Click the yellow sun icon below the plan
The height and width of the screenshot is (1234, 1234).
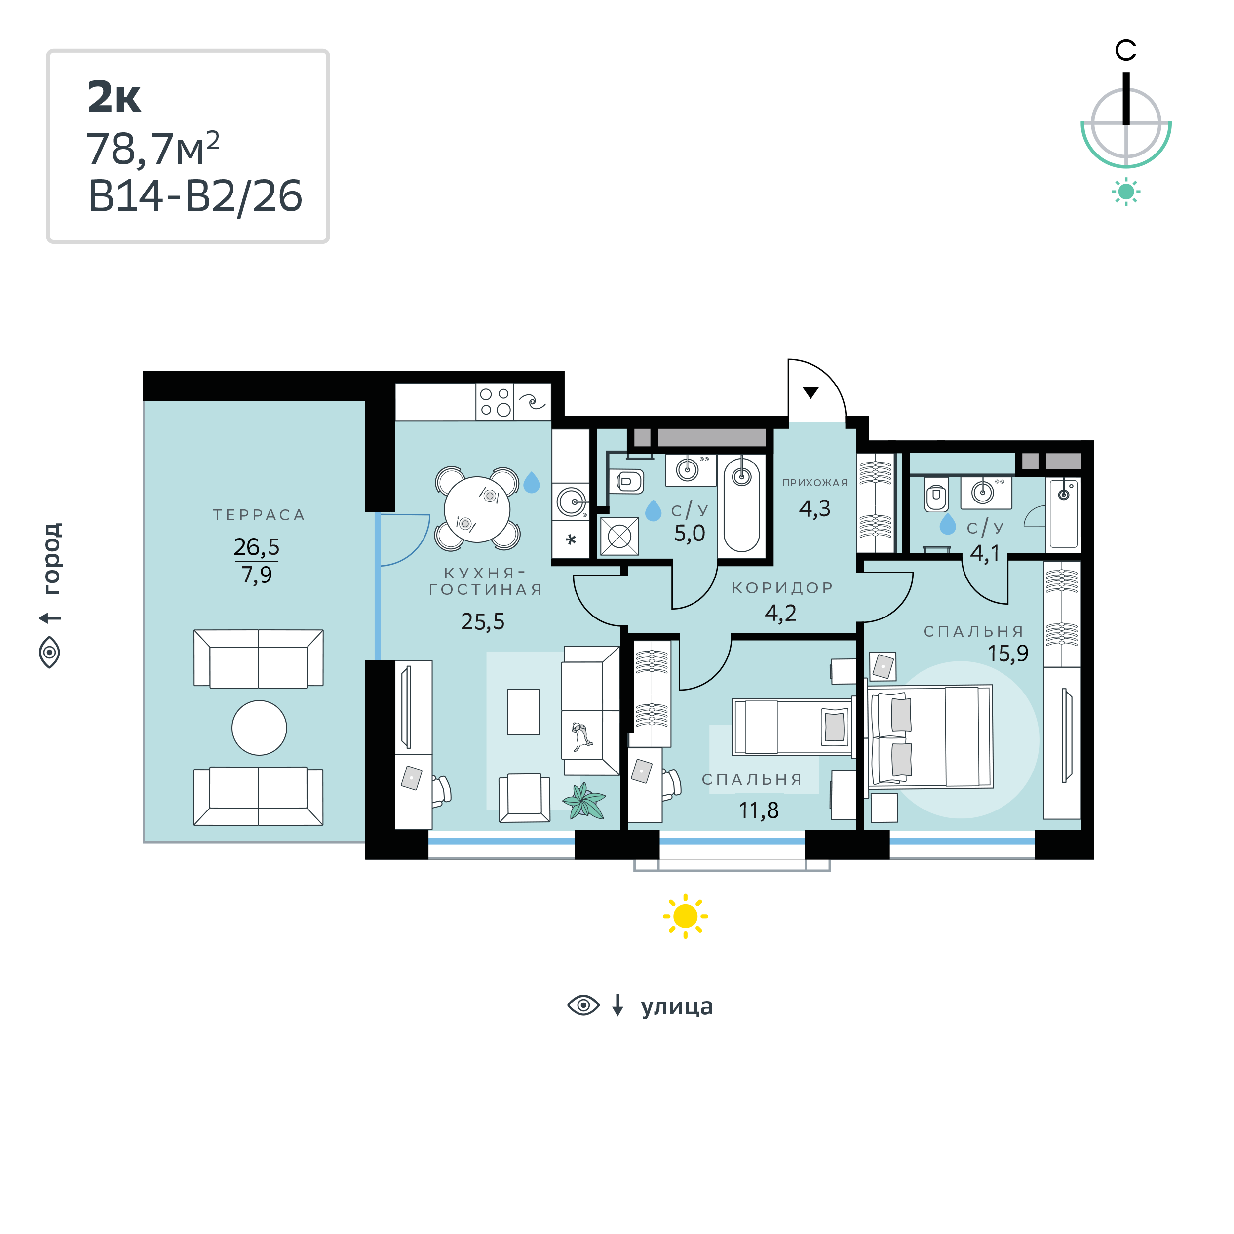coord(685,917)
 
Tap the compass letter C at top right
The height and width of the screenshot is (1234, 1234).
coord(1126,50)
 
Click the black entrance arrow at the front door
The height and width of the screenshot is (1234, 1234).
coord(810,393)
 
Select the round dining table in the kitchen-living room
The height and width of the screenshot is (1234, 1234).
coord(477,509)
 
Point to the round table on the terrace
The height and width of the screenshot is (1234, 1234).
coord(259,728)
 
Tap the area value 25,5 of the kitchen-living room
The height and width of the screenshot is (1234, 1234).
coord(483,621)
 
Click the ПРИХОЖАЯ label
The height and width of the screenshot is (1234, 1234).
coord(814,483)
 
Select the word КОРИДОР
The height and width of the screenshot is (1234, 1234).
coord(782,587)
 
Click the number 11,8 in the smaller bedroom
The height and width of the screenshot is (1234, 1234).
coord(759,810)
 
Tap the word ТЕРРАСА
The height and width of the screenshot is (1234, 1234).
coord(259,515)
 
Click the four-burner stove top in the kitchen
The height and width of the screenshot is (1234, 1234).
coord(495,402)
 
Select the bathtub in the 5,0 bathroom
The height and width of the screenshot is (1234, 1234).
coord(741,504)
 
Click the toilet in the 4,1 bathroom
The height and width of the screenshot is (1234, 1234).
coord(936,495)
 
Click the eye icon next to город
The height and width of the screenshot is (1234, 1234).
coord(50,652)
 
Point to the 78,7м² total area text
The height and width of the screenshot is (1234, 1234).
coord(154,148)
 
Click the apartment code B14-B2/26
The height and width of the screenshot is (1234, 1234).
coord(195,196)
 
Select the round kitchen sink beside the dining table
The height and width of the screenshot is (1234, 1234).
coord(572,502)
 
